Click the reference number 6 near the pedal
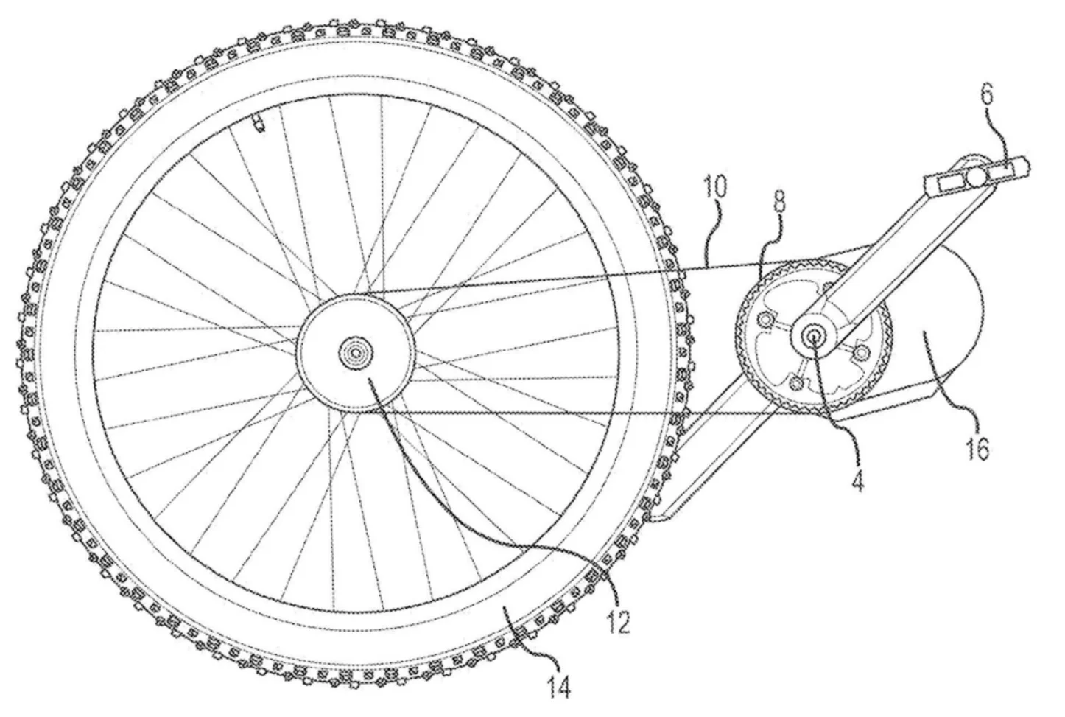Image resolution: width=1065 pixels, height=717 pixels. pyautogui.click(x=988, y=95)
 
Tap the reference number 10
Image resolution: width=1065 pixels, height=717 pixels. pyautogui.click(x=717, y=187)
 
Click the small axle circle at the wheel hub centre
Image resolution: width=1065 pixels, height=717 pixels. pyautogui.click(x=356, y=352)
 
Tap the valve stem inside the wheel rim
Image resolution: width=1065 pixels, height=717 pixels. pyautogui.click(x=259, y=122)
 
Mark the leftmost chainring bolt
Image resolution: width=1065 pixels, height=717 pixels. pyautogui.click(x=765, y=319)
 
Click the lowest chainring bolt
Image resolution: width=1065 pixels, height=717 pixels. pyautogui.click(x=796, y=382)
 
